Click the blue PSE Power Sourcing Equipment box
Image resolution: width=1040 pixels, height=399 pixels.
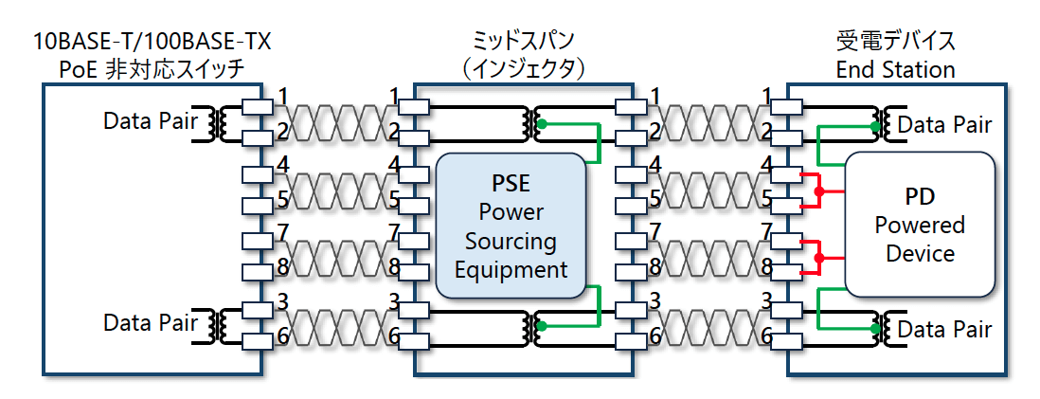511,227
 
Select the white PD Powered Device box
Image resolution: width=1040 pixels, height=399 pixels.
919,225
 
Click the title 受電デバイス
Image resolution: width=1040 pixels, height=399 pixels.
895,42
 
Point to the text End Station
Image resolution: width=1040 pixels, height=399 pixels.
895,69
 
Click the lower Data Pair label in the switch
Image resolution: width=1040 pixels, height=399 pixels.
151,323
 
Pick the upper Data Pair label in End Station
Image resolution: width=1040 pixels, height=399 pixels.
944,124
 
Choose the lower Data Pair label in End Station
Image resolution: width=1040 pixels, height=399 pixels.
944,329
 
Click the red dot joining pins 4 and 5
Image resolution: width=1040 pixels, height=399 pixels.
820,191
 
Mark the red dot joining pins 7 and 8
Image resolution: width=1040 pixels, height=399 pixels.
820,258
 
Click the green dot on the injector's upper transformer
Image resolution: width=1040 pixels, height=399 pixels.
541,124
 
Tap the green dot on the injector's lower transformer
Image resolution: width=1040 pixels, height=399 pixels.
541,325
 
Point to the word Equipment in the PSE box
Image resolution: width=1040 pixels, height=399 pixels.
511,269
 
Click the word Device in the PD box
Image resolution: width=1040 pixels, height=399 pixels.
920,253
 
